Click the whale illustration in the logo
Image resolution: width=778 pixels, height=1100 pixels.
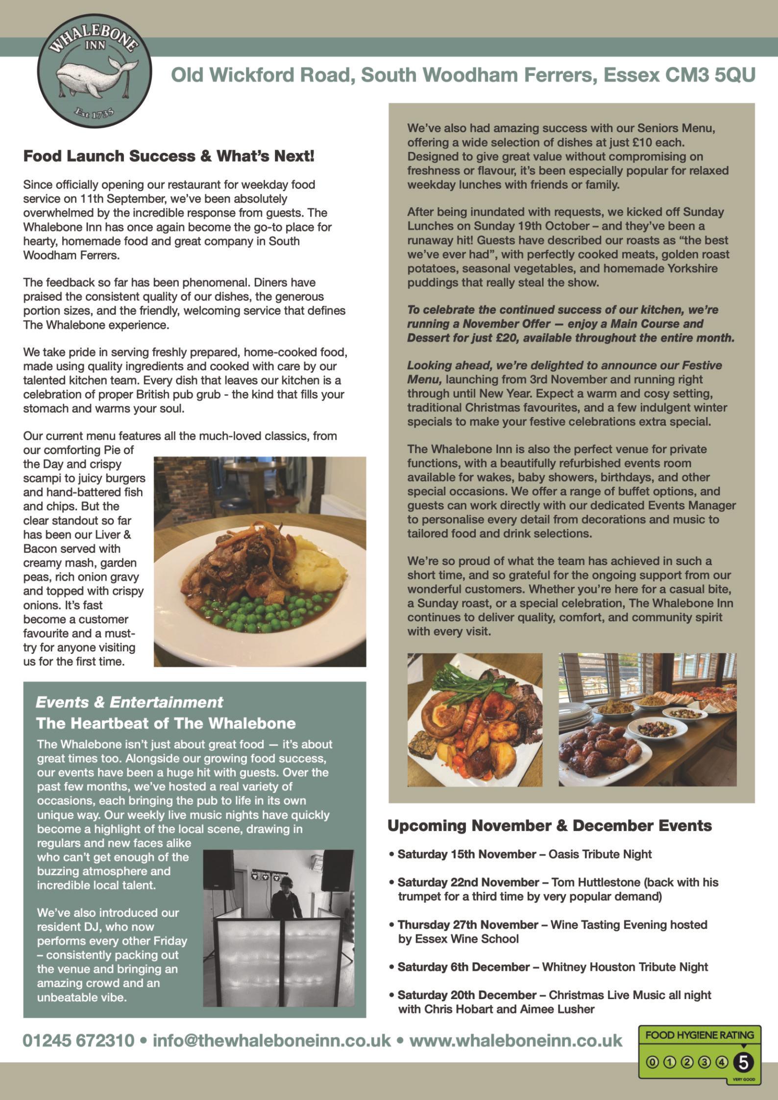coord(91,76)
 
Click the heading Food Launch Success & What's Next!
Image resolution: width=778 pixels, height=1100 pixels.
coord(169,156)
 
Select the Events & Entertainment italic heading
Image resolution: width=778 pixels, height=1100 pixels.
coord(129,702)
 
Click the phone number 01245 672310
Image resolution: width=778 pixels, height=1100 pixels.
coord(78,1040)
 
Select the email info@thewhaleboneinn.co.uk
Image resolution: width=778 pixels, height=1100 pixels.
coord(272,1040)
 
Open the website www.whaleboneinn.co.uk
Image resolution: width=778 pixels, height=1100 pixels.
coord(515,1040)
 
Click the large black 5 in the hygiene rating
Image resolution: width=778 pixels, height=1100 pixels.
coord(743,1062)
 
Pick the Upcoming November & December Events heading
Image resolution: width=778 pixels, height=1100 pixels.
coord(550,825)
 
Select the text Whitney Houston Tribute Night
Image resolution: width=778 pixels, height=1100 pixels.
coord(625,967)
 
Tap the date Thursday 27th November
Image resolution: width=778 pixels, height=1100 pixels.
coord(468,925)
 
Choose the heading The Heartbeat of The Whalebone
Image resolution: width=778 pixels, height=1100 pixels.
coord(166,723)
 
